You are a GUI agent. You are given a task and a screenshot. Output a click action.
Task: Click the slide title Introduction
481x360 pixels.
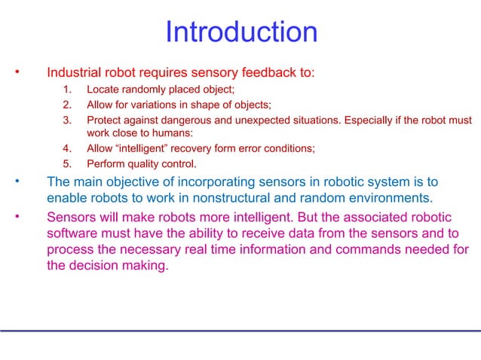point(240,32)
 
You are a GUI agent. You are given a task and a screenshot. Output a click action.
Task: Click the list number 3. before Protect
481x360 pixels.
point(67,120)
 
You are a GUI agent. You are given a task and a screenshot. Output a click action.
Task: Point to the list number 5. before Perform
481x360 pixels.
point(67,163)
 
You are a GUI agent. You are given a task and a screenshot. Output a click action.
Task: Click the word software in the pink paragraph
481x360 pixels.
point(71,233)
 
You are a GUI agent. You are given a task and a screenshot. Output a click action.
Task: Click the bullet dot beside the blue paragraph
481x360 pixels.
point(17,182)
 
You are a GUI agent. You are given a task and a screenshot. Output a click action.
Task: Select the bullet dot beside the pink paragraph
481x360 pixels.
point(17,216)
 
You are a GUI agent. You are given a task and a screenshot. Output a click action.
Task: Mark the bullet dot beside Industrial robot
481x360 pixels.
point(17,72)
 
